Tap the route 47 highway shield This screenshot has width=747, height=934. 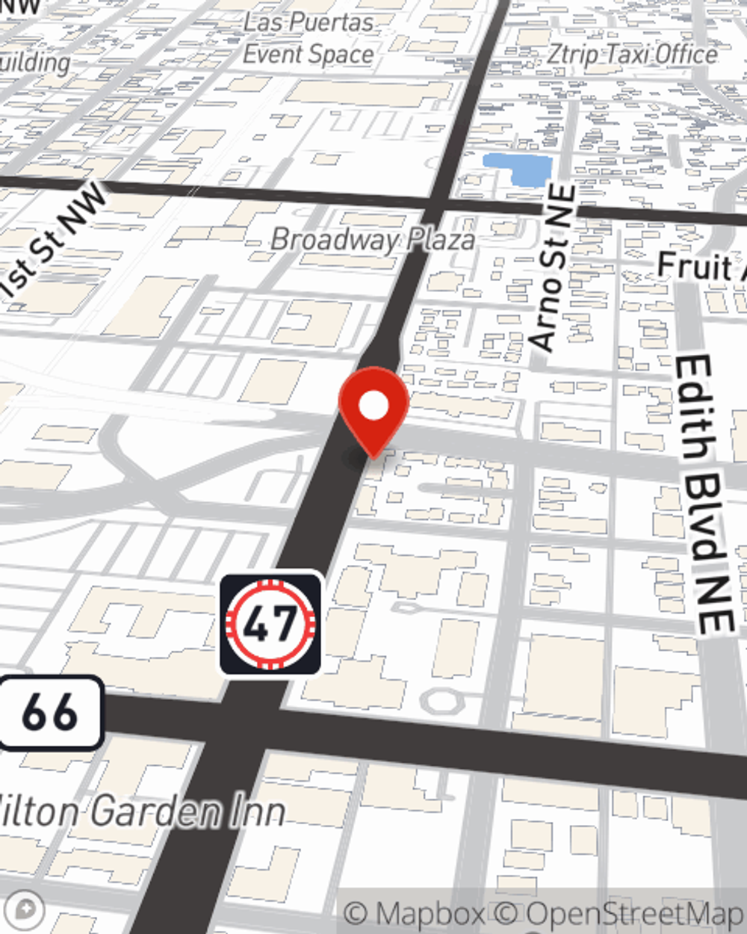tap(270, 623)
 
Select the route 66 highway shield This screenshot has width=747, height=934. tap(49, 712)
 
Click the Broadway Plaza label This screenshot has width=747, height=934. tap(372, 239)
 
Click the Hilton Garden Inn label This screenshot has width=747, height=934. tap(142, 811)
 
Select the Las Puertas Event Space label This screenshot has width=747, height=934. tap(309, 37)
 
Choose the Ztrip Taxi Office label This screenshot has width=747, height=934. tap(632, 54)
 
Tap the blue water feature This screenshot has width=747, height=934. tap(517, 169)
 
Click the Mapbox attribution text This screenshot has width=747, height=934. tap(413, 913)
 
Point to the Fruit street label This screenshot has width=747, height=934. tap(699, 266)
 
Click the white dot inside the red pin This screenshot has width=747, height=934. tap(373, 406)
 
